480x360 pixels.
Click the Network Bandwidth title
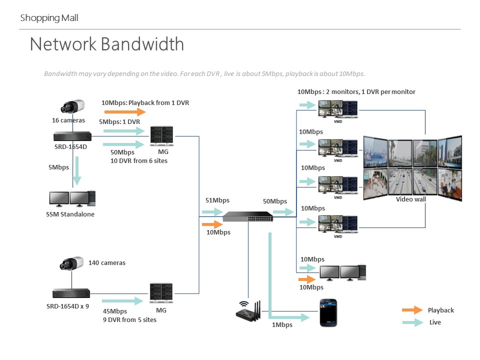coord(106,44)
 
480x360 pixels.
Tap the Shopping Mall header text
coord(49,18)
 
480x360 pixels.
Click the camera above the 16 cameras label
coord(73,107)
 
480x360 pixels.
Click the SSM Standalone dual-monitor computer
coord(72,198)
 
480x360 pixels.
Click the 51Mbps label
coord(217,200)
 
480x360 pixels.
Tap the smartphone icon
coord(328,313)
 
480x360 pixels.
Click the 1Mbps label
coord(282,325)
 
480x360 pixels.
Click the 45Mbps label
coord(114,311)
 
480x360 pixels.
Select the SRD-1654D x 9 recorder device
coord(71,293)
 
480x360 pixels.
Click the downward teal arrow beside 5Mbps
coord(76,172)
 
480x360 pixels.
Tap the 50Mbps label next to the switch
coord(275,201)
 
